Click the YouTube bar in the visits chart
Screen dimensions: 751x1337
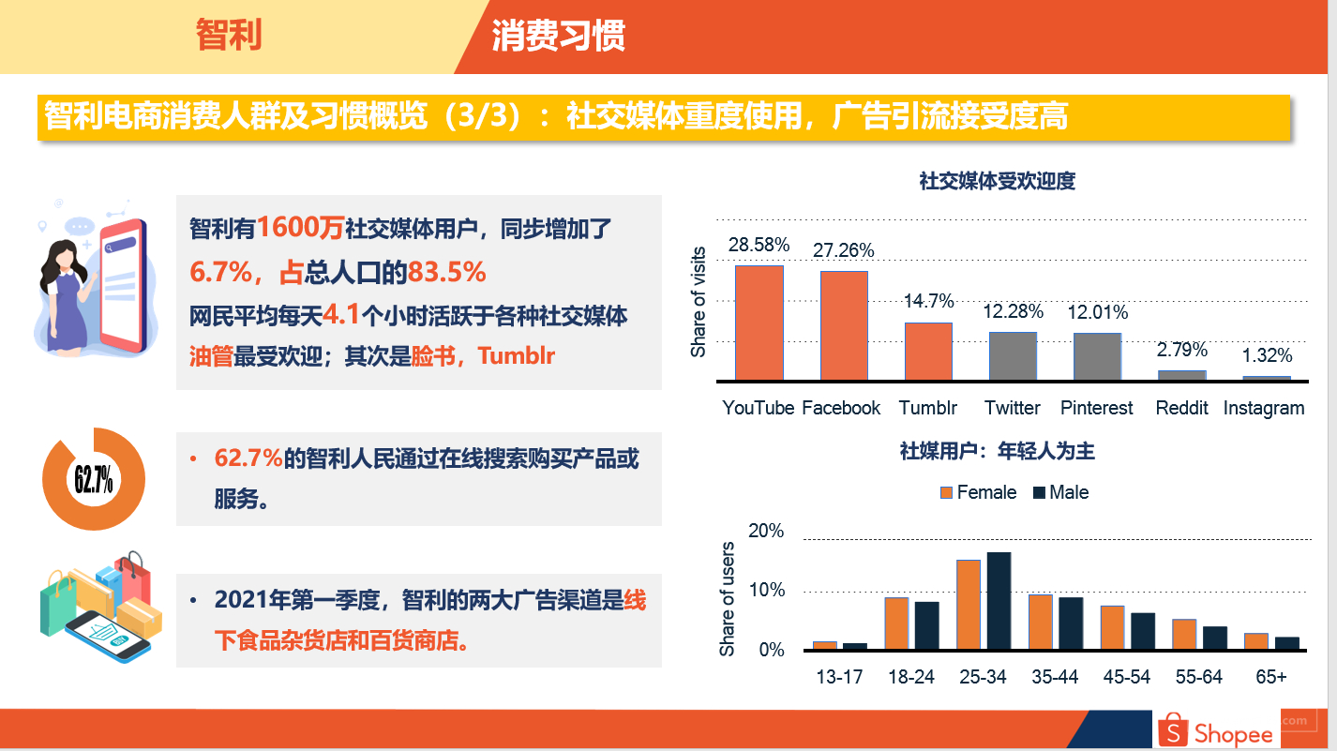(x=759, y=323)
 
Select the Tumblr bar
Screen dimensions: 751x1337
(x=928, y=352)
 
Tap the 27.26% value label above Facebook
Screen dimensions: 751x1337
(x=844, y=250)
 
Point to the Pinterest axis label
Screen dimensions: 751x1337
(x=1096, y=408)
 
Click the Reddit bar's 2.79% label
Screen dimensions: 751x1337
(x=1181, y=350)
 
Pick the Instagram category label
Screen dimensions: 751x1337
(x=1263, y=409)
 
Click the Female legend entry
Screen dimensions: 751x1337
(x=978, y=492)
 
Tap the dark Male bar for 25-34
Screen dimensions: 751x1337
(x=999, y=600)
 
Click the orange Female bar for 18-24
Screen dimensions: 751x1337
(x=896, y=623)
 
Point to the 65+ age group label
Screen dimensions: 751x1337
(x=1270, y=677)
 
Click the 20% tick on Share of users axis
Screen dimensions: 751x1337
(x=766, y=532)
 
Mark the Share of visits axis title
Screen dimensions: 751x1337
(x=698, y=302)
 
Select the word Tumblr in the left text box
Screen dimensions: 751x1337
(x=517, y=356)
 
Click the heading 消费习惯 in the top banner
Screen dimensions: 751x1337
(x=558, y=36)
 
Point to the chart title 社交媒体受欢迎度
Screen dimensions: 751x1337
(x=997, y=181)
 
